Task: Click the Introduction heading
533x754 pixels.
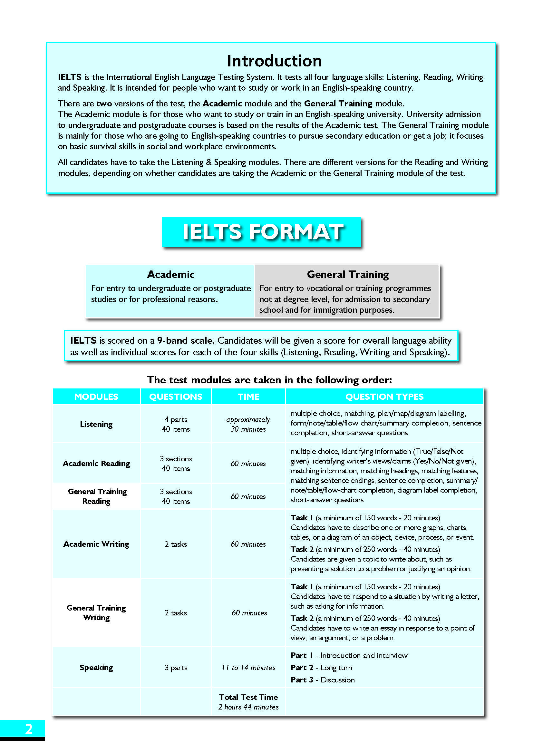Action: [274, 61]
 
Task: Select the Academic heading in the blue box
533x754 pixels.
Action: [171, 274]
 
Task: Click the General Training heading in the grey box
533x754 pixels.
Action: [348, 274]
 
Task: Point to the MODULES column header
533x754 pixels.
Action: [96, 397]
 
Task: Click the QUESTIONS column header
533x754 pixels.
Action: [176, 397]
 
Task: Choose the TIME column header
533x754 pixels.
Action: [248, 397]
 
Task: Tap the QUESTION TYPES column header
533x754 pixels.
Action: [384, 397]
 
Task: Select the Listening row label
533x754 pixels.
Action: [96, 424]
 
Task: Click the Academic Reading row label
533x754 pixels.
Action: [96, 463]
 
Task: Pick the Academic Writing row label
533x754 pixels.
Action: [96, 544]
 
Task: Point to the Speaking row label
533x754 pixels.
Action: [96, 668]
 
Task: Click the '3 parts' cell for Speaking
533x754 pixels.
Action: [176, 668]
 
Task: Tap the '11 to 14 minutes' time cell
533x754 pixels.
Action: [248, 668]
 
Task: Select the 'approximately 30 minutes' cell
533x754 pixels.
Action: [248, 424]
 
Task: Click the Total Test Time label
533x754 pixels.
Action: [248, 697]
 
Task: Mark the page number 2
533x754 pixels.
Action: [29, 729]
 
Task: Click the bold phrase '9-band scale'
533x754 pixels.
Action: [185, 340]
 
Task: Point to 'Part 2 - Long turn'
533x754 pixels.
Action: [321, 668]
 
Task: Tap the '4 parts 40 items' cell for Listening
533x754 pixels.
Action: [176, 424]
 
